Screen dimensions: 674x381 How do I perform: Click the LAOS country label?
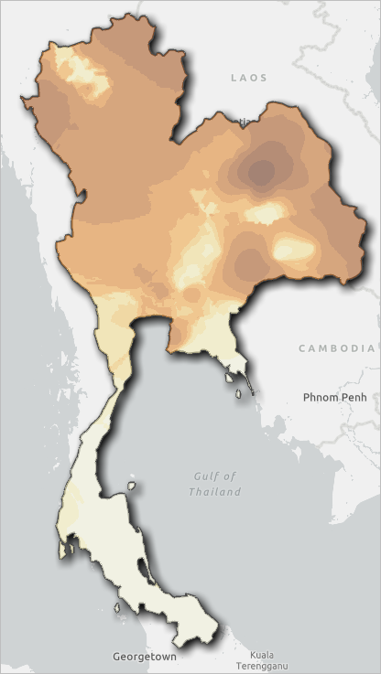pyautogui.click(x=249, y=78)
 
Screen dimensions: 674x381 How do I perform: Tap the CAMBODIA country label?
pyautogui.click(x=337, y=348)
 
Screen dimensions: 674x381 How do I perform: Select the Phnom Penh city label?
pyautogui.click(x=334, y=397)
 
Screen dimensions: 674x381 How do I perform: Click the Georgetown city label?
pyautogui.click(x=145, y=656)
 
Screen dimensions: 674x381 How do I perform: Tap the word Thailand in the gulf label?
pyautogui.click(x=215, y=491)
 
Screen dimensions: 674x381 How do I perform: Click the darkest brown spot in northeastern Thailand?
pyautogui.click(x=263, y=169)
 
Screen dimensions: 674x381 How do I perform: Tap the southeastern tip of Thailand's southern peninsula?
pyautogui.click(x=217, y=628)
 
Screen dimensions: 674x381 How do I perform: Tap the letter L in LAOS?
pyautogui.click(x=234, y=78)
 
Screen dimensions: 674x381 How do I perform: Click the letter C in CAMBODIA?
pyautogui.click(x=303, y=348)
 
